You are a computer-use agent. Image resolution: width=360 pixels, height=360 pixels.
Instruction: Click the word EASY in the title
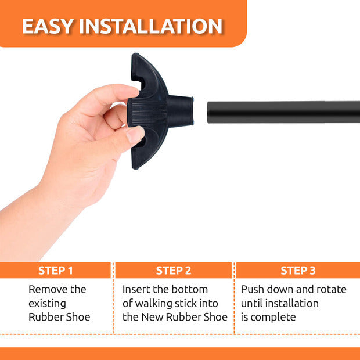pyautogui.click(x=48, y=26)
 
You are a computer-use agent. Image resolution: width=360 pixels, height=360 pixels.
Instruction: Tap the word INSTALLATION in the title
pyautogui.click(x=151, y=26)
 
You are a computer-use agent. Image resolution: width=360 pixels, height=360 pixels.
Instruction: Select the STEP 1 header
pyautogui.click(x=56, y=271)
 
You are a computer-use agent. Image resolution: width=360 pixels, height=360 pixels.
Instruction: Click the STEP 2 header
pyautogui.click(x=174, y=271)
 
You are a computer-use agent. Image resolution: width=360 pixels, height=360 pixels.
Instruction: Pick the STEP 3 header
pyautogui.click(x=298, y=271)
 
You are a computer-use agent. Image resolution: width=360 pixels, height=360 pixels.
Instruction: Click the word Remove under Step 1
pyautogui.click(x=48, y=289)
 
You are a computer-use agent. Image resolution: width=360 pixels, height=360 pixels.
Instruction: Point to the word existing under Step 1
pyautogui.click(x=47, y=304)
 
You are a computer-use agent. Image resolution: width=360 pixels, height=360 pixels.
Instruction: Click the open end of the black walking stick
pyautogui.click(x=208, y=112)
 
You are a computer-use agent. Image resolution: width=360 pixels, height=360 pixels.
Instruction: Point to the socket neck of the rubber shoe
pyautogui.click(x=180, y=111)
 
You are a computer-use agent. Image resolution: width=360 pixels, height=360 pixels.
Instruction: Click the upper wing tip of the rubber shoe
pyautogui.click(x=135, y=55)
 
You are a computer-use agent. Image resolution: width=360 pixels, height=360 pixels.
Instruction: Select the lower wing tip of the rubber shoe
pyautogui.click(x=135, y=167)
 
